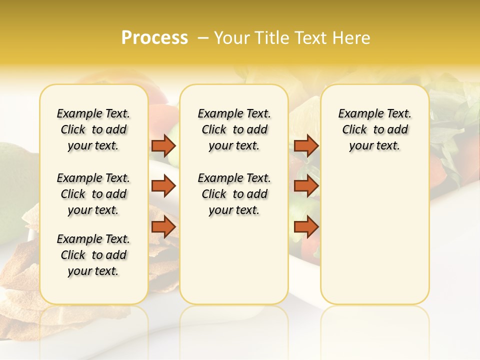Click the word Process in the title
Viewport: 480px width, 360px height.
(x=154, y=38)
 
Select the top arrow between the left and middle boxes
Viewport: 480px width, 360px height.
(x=163, y=145)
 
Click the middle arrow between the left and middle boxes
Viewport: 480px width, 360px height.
(x=163, y=186)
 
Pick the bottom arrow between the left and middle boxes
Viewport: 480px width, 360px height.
(x=163, y=226)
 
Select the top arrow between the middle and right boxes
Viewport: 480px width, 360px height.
(x=306, y=145)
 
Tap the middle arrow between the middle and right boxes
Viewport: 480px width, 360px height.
(x=306, y=186)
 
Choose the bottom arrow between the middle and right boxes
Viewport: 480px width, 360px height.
(x=306, y=226)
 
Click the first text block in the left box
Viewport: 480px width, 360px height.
(x=93, y=129)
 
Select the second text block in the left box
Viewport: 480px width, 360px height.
(x=93, y=194)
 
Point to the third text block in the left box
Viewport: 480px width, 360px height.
(x=93, y=255)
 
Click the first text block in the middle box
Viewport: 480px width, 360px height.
(x=234, y=129)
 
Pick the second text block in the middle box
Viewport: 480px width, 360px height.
(x=234, y=194)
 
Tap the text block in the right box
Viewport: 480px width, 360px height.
(x=375, y=129)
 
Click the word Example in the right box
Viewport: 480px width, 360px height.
(x=356, y=114)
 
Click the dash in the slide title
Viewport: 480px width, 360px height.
(x=202, y=38)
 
